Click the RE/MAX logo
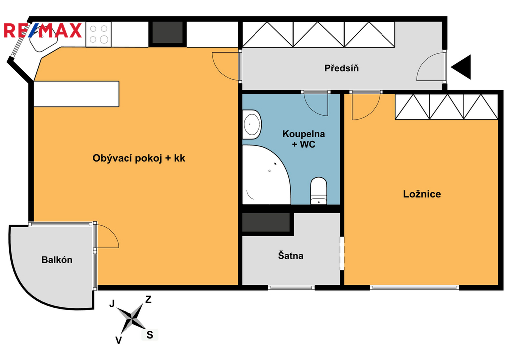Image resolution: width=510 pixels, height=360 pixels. tap(43, 30)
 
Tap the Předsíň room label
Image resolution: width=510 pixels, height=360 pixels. tap(341, 68)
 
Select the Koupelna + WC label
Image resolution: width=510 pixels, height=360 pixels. tap(303, 139)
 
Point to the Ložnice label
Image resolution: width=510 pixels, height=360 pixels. tap(422, 194)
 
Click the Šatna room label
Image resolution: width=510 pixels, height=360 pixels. tap(290, 255)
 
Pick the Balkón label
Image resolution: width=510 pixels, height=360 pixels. tap(57, 260)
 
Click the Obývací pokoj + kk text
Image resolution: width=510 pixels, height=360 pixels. tap(138, 158)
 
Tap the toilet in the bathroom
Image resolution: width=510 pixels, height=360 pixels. tap(318, 191)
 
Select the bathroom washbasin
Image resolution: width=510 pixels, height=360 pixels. tap(252, 124)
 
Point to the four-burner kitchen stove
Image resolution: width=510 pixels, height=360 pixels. tap(98, 34)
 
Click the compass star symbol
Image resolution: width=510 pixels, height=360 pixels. tap(131, 318)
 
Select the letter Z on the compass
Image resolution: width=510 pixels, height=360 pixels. tap(148, 300)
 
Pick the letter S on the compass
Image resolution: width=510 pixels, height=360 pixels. tap(150, 335)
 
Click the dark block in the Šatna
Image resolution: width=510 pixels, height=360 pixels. tap(266, 222)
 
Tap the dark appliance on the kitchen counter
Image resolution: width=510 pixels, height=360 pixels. tap(167, 32)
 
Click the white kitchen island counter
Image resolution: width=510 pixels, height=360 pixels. tap(76, 94)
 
